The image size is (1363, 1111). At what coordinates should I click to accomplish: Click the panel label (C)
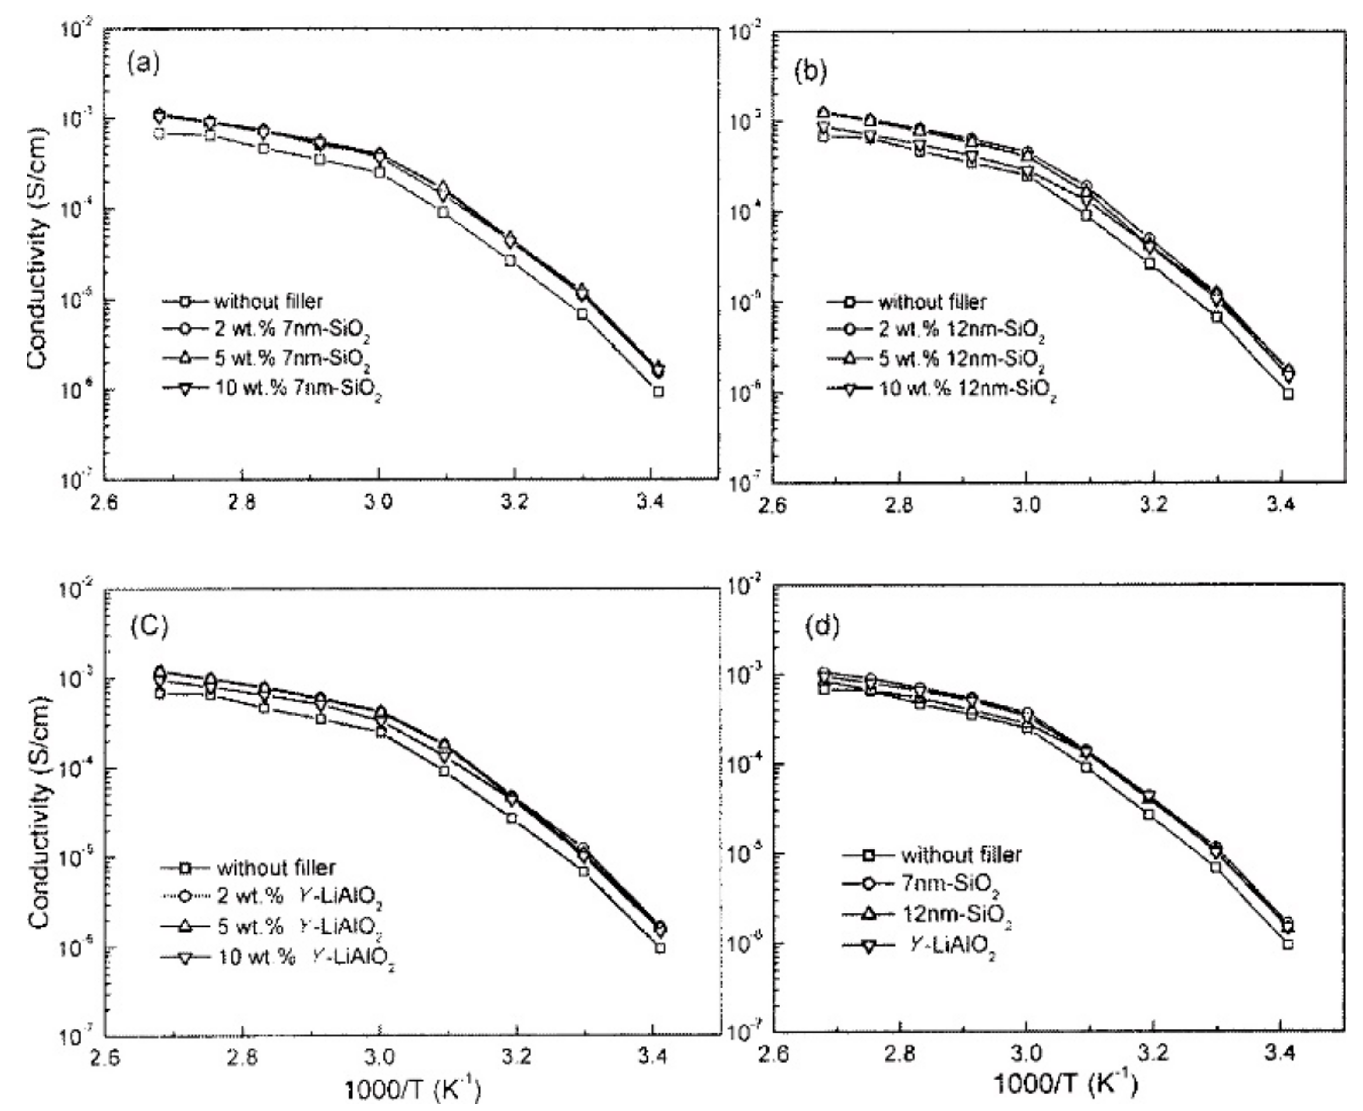[149, 627]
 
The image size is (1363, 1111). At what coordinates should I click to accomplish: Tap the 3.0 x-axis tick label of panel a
[379, 502]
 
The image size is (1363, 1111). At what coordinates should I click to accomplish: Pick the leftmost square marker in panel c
[159, 694]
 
